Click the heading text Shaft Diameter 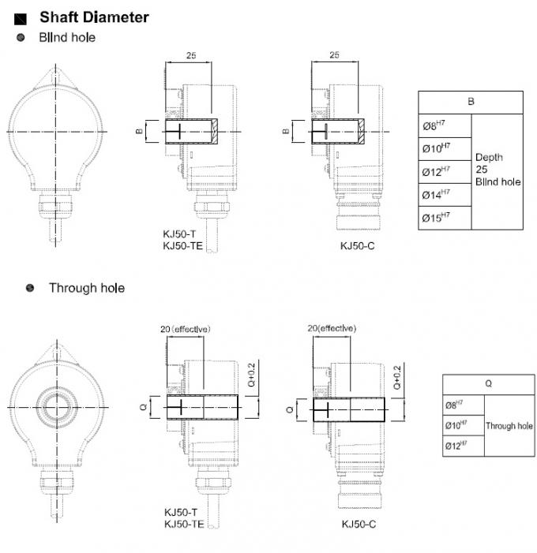tap(94, 17)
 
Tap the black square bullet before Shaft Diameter tap(21, 17)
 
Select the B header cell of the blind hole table tap(471, 102)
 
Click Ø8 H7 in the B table tap(434, 125)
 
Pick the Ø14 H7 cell tap(434, 193)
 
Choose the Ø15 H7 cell tap(434, 217)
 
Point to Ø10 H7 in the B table tap(434, 148)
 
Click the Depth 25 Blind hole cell tap(498, 170)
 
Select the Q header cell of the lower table tap(488, 385)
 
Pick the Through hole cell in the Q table tap(509, 426)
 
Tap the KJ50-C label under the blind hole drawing tap(357, 245)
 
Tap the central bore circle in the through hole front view tap(57, 405)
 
